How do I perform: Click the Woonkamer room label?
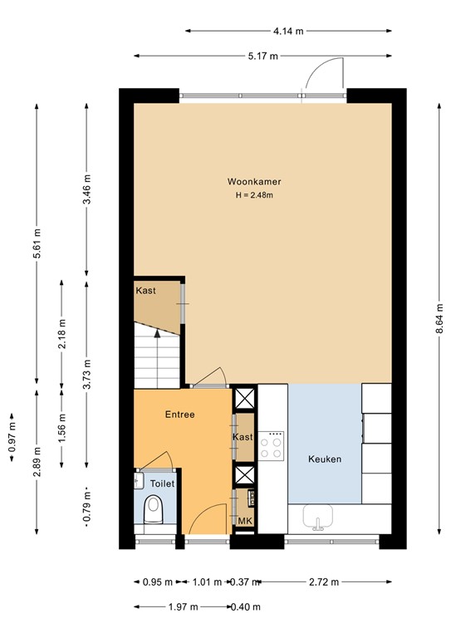pos(253,181)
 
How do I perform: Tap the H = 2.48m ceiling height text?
pos(253,196)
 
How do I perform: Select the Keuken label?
pos(325,459)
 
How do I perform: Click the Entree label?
pos(179,414)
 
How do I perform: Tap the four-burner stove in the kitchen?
pos(272,447)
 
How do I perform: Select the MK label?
pos(245,521)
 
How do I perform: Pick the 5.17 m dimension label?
pos(262,56)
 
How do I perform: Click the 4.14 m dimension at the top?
pos(288,31)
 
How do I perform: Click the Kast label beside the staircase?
pos(146,291)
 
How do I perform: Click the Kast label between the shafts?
pos(243,437)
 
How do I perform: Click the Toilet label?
pos(161,483)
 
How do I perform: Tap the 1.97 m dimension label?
pos(183,607)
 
